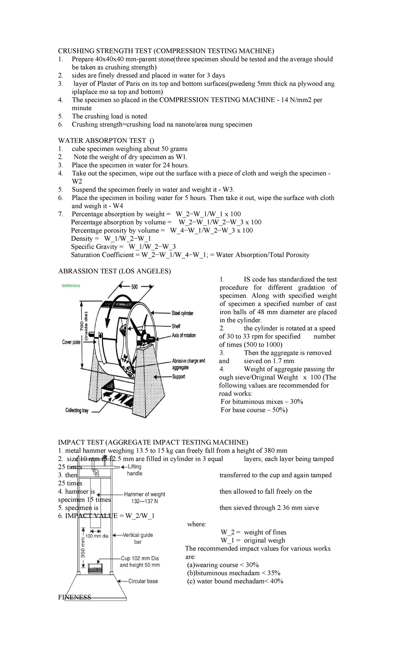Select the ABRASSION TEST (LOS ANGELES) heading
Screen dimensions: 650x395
click(x=115, y=271)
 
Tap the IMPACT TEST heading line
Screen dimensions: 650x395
click(x=153, y=442)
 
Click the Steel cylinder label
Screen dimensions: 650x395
click(x=182, y=313)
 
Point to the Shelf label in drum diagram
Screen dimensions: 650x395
click(x=176, y=326)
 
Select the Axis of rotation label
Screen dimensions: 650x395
click(x=184, y=335)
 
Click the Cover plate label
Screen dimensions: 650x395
click(x=71, y=342)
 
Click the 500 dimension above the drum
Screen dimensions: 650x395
click(x=135, y=287)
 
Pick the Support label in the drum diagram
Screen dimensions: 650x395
click(x=178, y=376)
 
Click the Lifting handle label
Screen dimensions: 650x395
click(x=135, y=470)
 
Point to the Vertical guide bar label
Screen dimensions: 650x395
click(x=138, y=538)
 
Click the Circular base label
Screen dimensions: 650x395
click(x=143, y=581)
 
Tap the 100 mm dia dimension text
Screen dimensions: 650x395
click(x=97, y=536)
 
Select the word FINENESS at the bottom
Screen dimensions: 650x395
click(x=74, y=597)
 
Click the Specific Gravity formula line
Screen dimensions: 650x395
click(x=123, y=247)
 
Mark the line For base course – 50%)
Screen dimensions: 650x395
click(x=254, y=410)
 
